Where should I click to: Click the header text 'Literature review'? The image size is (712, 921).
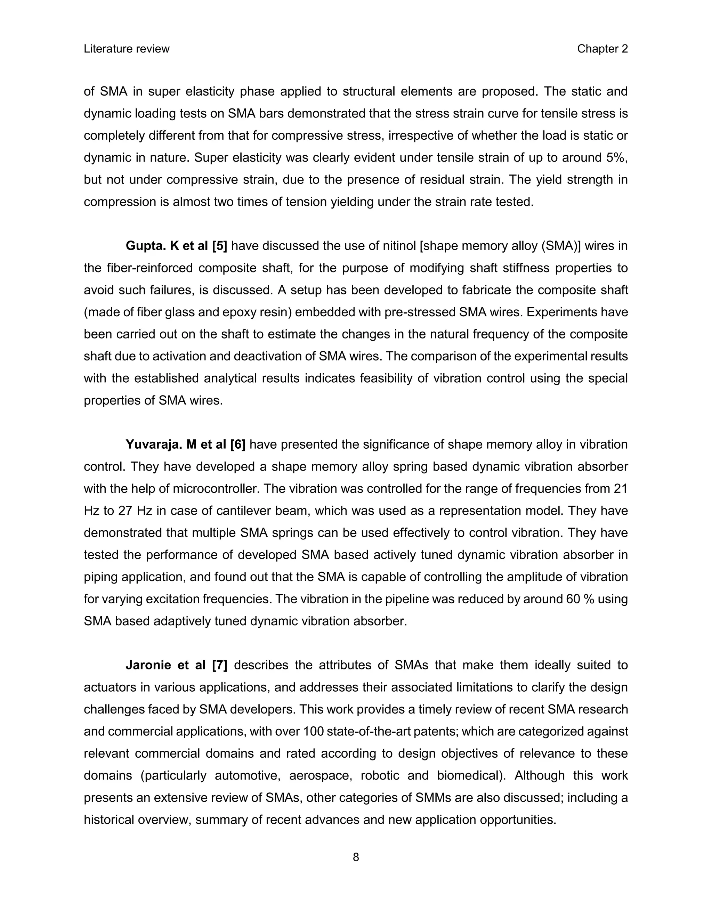(x=127, y=49)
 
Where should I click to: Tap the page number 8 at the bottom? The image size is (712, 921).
(x=356, y=857)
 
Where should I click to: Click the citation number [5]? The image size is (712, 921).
(x=219, y=246)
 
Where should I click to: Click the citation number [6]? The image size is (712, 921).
(x=238, y=445)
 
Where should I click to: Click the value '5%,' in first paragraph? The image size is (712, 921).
(x=617, y=158)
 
